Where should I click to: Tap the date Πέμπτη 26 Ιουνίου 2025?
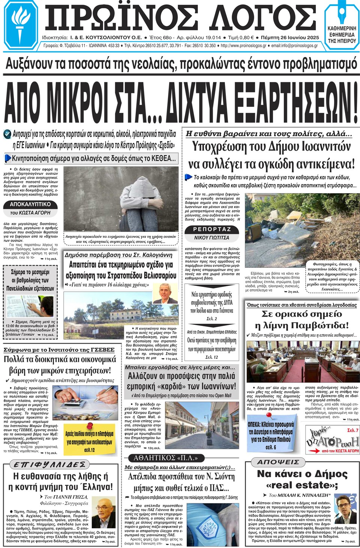(289, 38)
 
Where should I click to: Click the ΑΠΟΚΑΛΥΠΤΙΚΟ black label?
(30, 205)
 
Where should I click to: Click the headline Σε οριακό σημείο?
(301, 314)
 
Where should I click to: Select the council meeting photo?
(302, 361)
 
